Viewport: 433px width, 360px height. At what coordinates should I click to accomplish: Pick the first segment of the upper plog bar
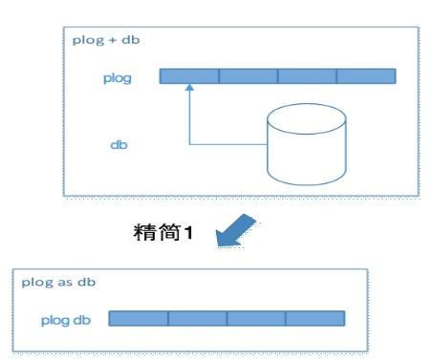click(189, 75)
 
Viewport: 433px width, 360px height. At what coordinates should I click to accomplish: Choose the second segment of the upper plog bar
click(249, 75)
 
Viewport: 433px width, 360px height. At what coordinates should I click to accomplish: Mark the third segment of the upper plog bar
click(307, 75)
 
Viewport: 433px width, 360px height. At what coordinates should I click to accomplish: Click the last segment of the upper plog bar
click(365, 75)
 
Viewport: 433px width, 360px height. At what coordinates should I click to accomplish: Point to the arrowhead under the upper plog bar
click(189, 88)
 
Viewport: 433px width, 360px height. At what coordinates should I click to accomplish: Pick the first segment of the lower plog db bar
click(139, 318)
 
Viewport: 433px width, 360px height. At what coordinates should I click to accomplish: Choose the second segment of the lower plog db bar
click(198, 318)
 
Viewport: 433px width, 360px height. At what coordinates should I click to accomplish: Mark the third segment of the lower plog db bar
click(256, 318)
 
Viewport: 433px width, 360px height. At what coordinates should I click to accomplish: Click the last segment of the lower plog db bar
click(314, 318)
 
